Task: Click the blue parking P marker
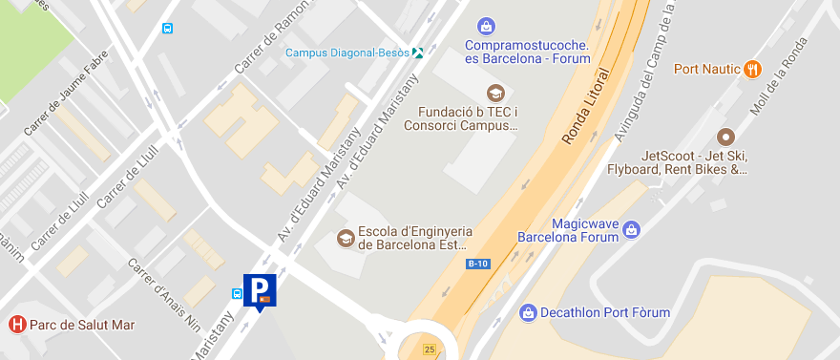260,290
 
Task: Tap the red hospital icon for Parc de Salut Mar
16,325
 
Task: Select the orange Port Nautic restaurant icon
753,68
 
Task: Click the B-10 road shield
477,264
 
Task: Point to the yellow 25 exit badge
430,349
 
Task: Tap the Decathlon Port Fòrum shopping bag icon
528,312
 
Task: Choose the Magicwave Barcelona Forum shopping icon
630,229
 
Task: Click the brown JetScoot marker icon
725,137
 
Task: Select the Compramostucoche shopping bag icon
486,25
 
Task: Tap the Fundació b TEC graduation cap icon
494,93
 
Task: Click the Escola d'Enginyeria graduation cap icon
345,237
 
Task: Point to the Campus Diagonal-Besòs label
347,53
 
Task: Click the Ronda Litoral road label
585,106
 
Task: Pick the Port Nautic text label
707,69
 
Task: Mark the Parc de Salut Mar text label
82,325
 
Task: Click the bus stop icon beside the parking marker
237,293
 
